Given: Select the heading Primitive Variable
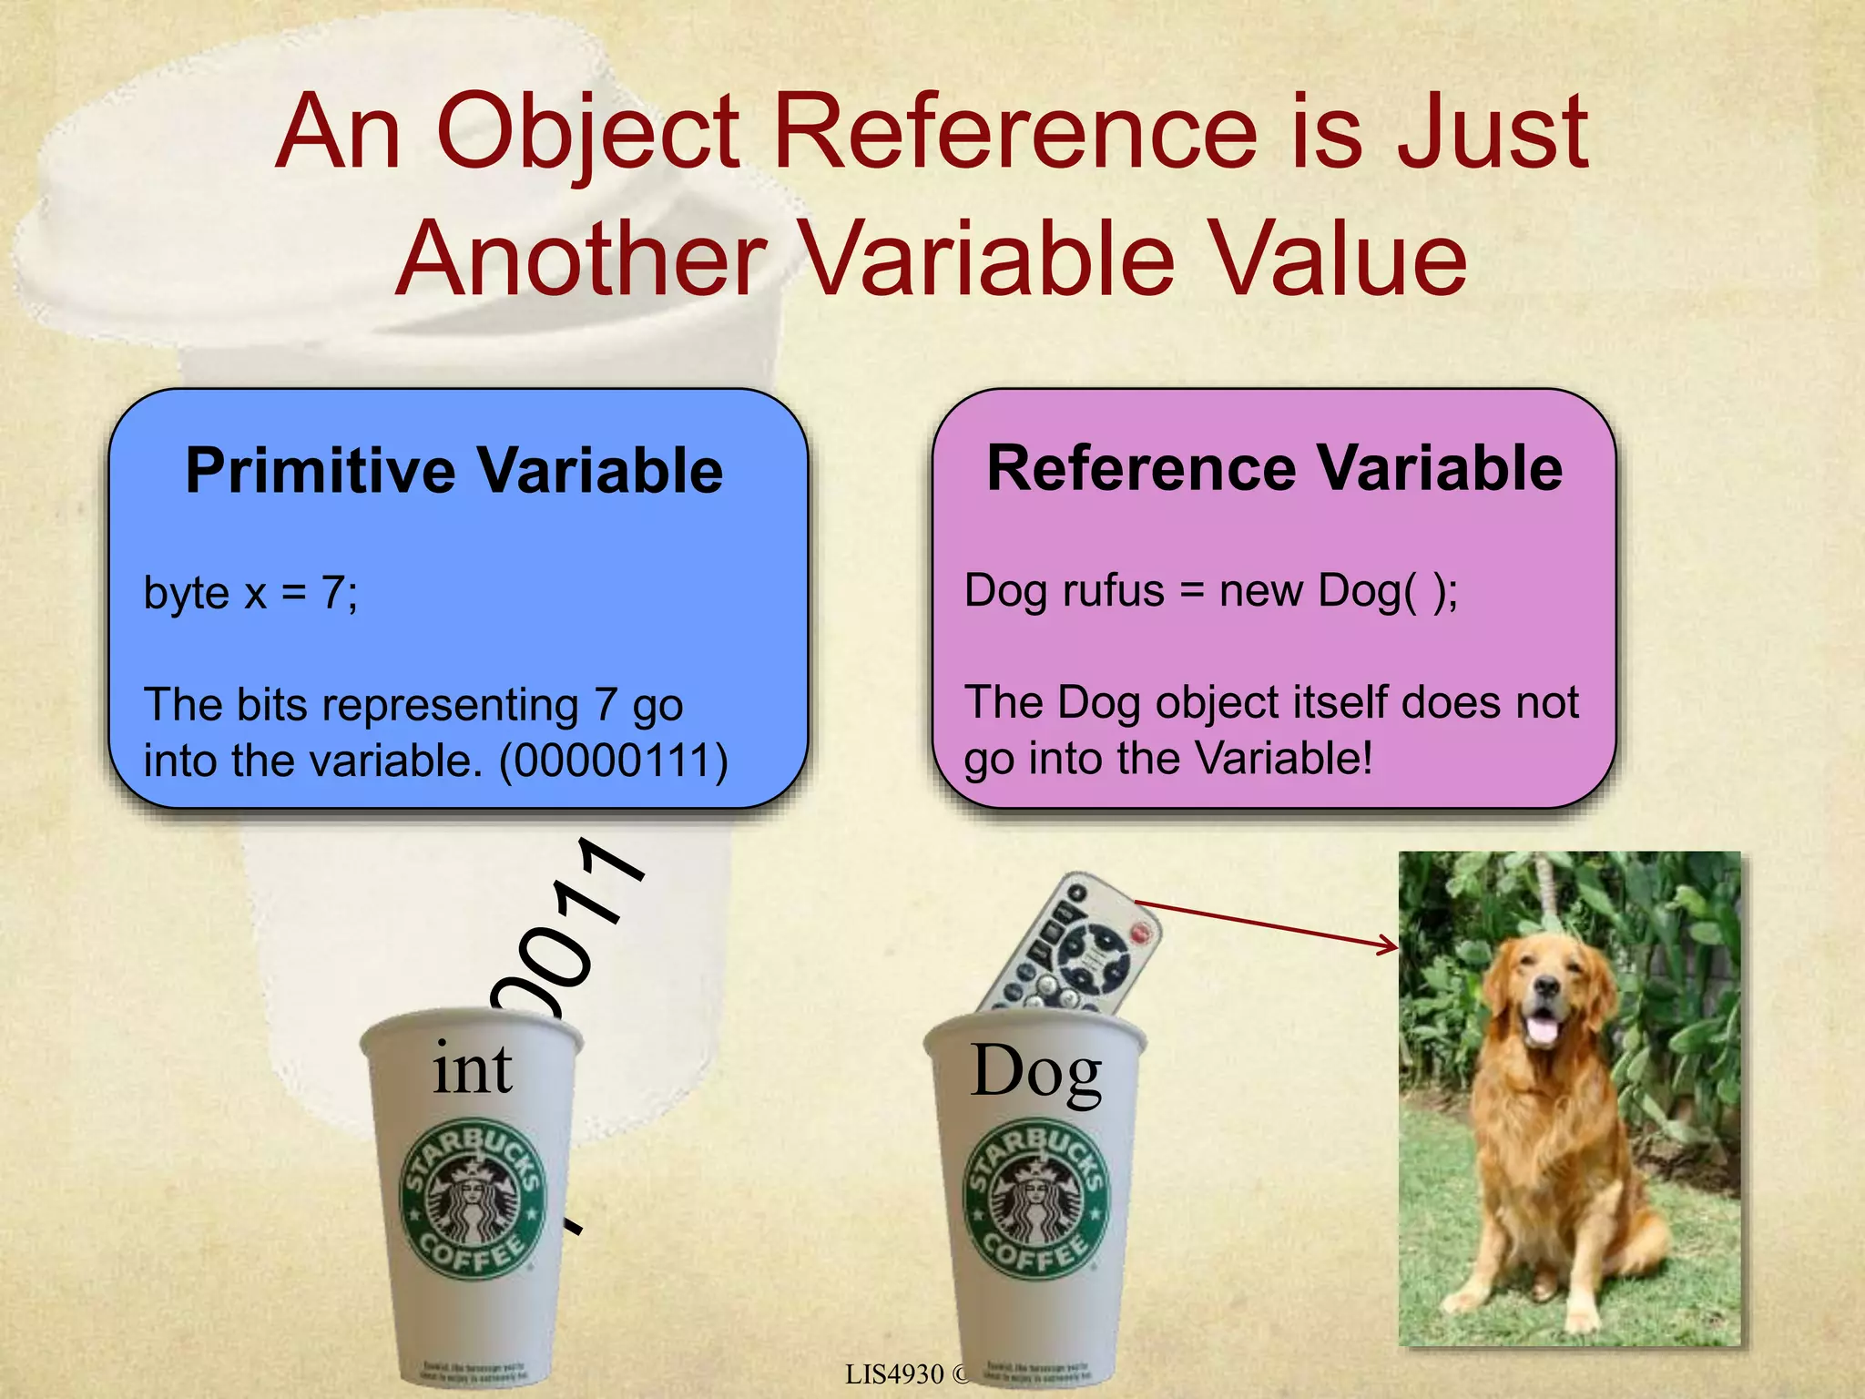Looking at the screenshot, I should tap(454, 471).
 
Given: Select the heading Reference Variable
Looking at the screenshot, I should tap(1274, 468).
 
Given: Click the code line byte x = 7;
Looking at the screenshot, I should tap(251, 594).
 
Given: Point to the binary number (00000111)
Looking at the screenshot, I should tap(614, 761).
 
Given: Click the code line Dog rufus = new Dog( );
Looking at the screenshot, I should tap(1211, 591).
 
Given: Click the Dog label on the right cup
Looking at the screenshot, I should tap(1036, 1072).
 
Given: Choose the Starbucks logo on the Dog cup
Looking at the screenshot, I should tap(1036, 1198).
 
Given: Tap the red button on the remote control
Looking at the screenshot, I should tap(1140, 932).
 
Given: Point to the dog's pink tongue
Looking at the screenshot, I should tap(1540, 1030).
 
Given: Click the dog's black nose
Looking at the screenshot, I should tap(1544, 985).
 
